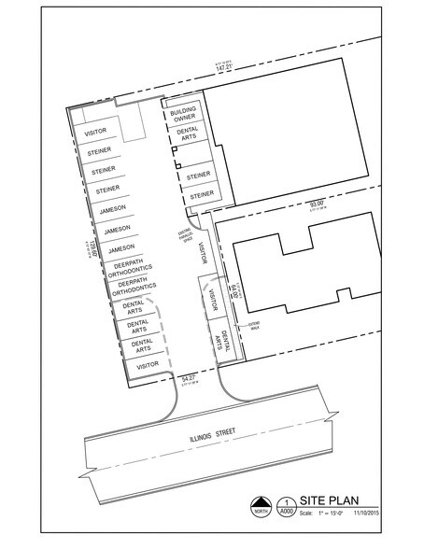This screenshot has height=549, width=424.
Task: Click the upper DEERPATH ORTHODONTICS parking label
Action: (x=133, y=268)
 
